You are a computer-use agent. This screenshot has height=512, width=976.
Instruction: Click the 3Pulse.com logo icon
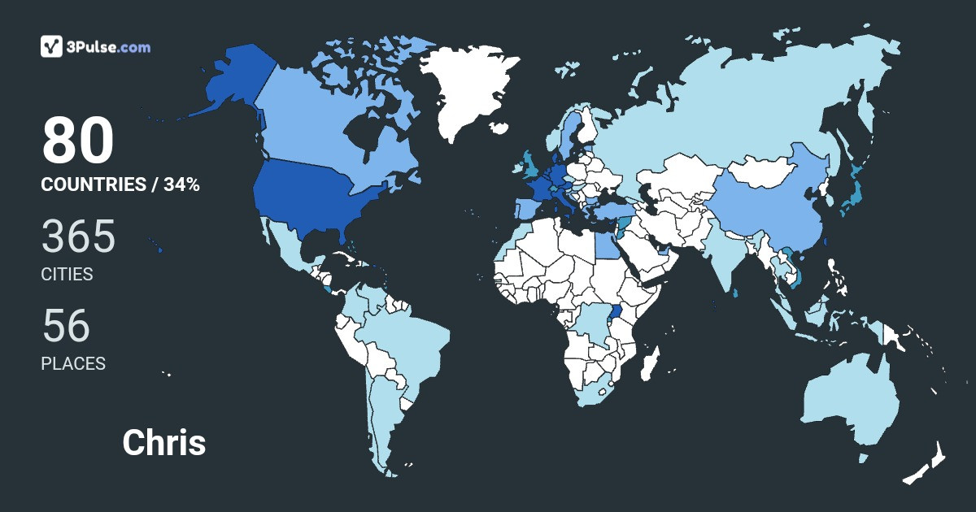coord(52,46)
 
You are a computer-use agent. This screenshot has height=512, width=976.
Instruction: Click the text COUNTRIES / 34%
coord(120,184)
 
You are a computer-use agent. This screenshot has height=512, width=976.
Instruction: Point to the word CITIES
coord(67,275)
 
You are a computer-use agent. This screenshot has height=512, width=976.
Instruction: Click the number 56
coord(66,326)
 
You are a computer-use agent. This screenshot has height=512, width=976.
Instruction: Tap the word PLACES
coord(73,364)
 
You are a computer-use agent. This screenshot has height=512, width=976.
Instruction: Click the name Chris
coord(163,443)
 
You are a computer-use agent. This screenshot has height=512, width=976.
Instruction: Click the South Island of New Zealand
coord(917,471)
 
